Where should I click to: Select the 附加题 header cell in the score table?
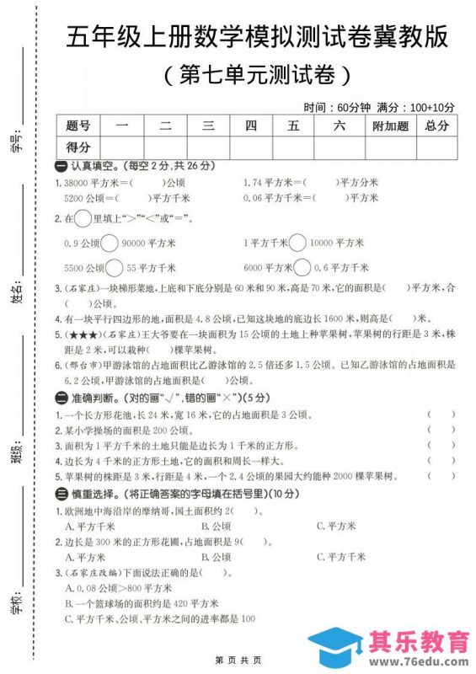[390, 126]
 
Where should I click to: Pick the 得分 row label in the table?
[78, 147]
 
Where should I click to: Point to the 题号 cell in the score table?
[78, 126]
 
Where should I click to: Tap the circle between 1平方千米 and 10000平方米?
[298, 243]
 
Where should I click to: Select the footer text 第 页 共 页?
[238, 659]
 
